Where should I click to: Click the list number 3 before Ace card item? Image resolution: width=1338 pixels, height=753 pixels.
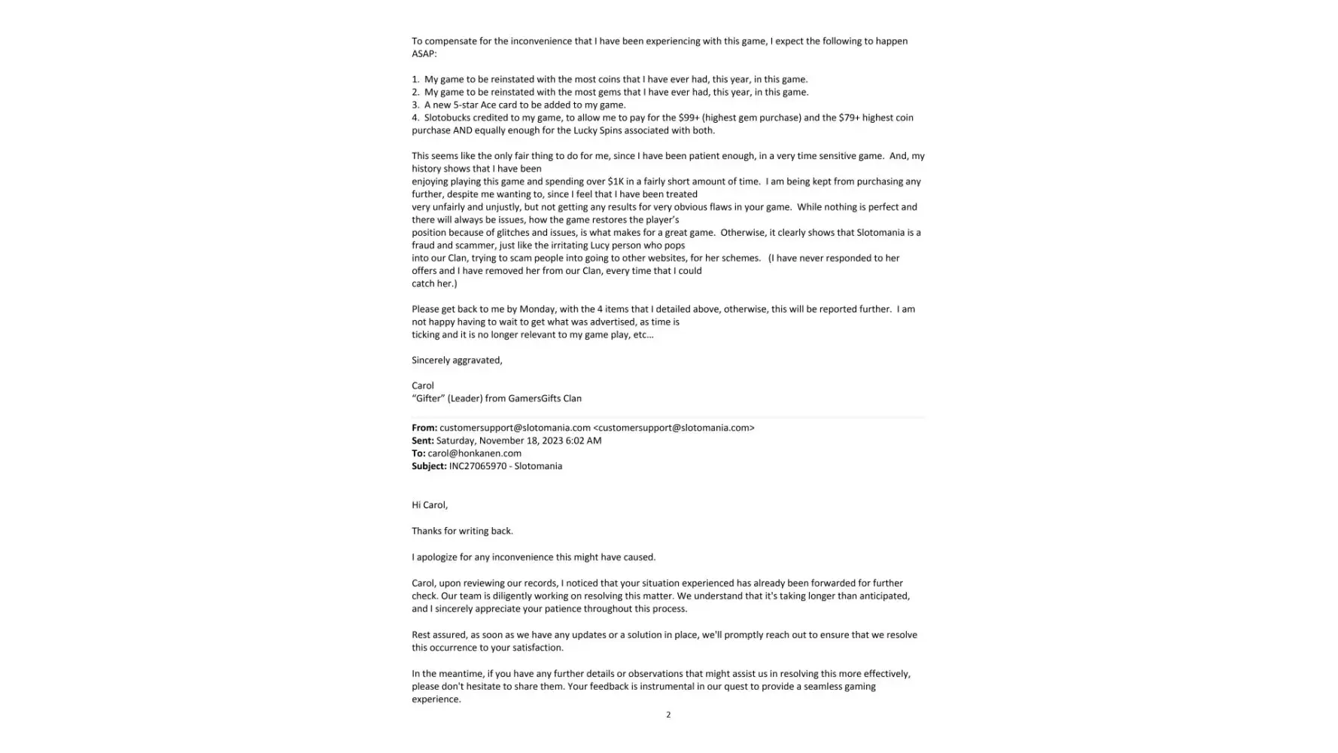(x=415, y=105)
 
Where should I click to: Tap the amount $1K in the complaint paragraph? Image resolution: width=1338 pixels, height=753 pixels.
(x=616, y=181)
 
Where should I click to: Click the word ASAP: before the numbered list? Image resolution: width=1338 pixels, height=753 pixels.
(x=424, y=53)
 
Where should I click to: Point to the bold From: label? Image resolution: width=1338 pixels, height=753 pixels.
(x=424, y=428)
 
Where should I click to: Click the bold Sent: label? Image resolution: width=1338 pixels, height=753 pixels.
(x=423, y=441)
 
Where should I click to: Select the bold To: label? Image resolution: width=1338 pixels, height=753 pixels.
(x=418, y=453)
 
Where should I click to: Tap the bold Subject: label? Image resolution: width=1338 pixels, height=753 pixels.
(x=429, y=466)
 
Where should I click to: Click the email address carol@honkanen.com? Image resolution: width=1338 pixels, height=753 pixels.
(x=474, y=453)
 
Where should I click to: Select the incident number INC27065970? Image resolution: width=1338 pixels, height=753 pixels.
(x=478, y=466)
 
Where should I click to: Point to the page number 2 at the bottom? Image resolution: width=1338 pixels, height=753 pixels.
(x=668, y=715)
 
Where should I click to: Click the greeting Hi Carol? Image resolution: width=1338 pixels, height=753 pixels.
(x=430, y=505)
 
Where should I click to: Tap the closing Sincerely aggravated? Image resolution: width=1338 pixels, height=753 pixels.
(x=457, y=360)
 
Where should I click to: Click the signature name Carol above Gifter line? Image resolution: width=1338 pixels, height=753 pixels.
(x=423, y=386)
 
